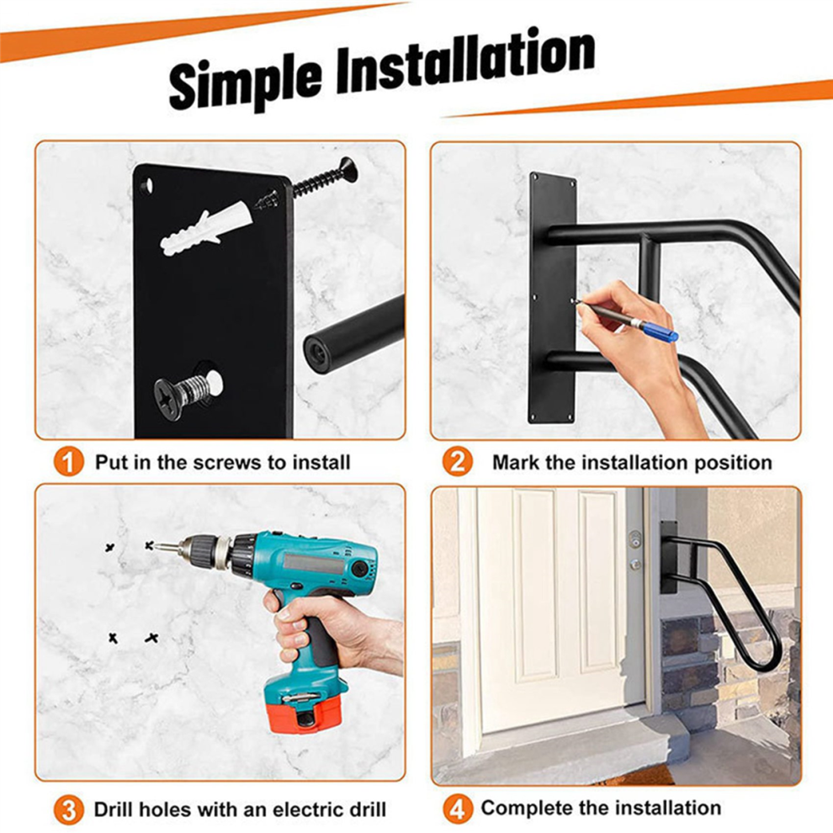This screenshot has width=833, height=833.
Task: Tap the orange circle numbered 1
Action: [x=68, y=462]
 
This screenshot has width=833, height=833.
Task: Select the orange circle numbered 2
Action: [x=458, y=462]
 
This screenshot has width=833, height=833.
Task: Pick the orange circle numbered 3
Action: [x=68, y=810]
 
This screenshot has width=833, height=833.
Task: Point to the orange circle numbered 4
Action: [x=458, y=809]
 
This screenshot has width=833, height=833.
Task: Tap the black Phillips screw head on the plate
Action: [x=169, y=399]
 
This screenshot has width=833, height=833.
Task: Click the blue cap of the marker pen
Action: [x=660, y=332]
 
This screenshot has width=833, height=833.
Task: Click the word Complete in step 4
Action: [x=527, y=809]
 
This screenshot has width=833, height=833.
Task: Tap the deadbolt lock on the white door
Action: [x=634, y=539]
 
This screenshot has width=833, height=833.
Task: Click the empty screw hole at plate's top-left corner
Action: [x=146, y=186]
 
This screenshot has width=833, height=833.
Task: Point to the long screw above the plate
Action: [x=325, y=178]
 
